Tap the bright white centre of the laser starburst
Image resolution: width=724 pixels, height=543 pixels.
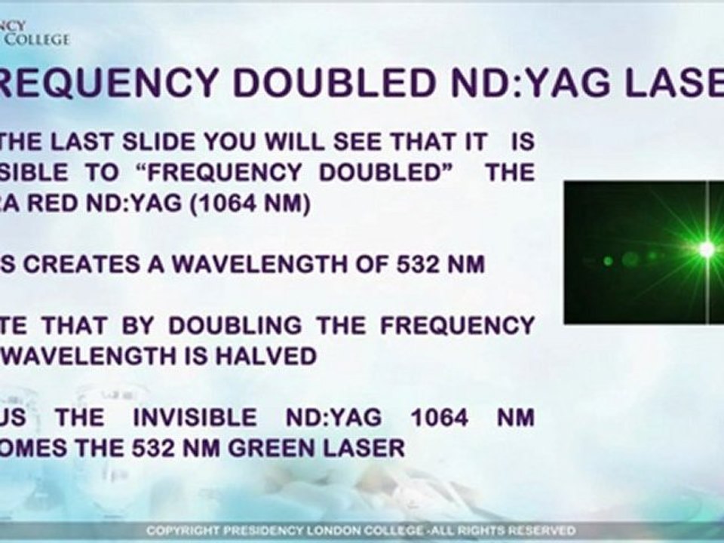(x=707, y=248)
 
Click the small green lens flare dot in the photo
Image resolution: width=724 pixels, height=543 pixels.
(x=608, y=261)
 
